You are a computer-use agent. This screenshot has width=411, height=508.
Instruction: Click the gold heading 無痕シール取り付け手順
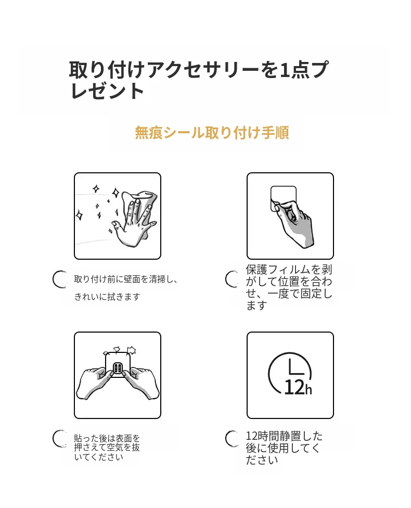(x=212, y=133)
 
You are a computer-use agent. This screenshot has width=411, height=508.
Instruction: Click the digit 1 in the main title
(x=284, y=70)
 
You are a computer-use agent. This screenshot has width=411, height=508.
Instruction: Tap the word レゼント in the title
(x=107, y=91)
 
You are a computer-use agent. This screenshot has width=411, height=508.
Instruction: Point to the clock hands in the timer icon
(x=295, y=367)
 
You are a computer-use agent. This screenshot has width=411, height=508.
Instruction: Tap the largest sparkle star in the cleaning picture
(x=115, y=193)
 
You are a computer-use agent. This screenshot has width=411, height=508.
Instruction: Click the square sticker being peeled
(x=283, y=198)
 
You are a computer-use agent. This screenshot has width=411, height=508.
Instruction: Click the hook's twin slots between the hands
(x=117, y=368)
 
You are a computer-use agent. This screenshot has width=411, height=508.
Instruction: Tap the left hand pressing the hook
(x=94, y=382)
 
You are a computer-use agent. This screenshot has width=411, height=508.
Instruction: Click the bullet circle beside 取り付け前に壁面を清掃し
(x=60, y=279)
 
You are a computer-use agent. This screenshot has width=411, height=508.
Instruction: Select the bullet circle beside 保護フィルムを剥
(x=232, y=279)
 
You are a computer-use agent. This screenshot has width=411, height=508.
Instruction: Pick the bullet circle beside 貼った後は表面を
(x=60, y=439)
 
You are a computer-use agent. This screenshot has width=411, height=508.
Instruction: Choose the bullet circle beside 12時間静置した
(x=232, y=439)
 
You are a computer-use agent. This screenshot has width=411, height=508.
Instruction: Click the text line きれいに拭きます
(x=107, y=297)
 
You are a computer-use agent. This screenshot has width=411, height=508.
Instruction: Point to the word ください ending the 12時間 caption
(x=262, y=460)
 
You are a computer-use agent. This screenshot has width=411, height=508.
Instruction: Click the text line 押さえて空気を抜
(x=107, y=448)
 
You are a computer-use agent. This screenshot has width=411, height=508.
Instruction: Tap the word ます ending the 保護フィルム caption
(x=256, y=306)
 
